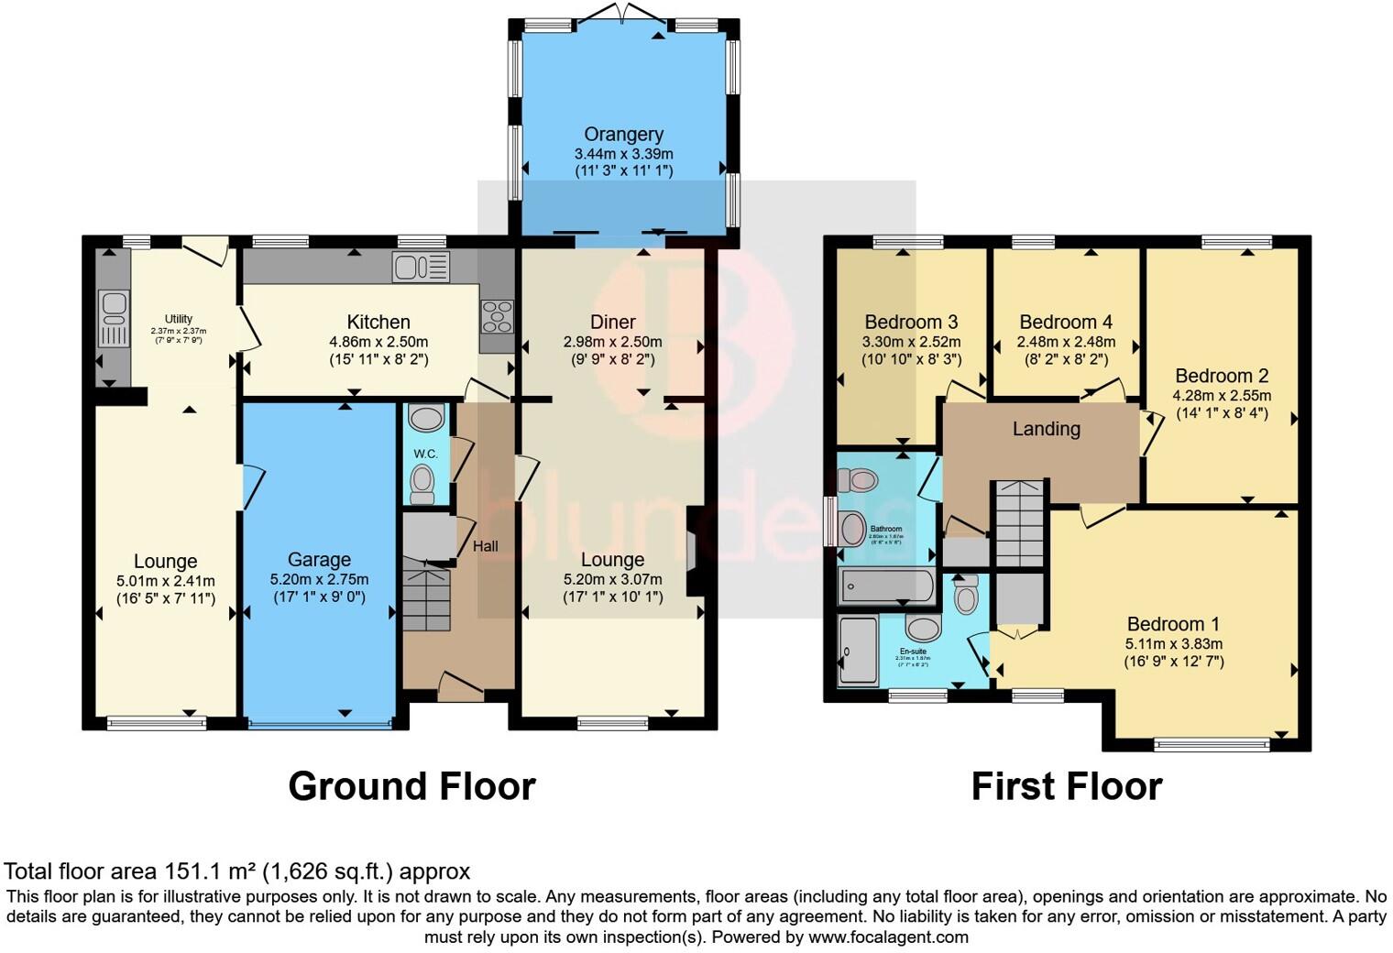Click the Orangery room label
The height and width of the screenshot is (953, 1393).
coord(623,135)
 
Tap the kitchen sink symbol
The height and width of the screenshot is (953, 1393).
coord(421,267)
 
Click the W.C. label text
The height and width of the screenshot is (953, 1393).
coord(425,454)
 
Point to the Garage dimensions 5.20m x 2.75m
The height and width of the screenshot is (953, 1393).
coord(319,579)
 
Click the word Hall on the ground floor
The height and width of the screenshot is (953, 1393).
coord(485,546)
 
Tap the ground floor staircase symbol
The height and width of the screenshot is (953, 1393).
coord(426,599)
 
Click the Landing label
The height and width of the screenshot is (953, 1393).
coord(1046,429)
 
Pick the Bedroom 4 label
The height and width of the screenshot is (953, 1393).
coord(1066,323)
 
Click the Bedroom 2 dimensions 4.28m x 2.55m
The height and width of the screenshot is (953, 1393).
coord(1222,396)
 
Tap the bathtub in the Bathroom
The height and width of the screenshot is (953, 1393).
coord(886,586)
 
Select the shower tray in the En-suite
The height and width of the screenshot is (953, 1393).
coord(858,650)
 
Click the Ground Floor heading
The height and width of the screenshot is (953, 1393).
coord(411,786)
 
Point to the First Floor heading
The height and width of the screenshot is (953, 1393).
coord(1067,786)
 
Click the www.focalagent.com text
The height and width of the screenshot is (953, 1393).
coord(888,937)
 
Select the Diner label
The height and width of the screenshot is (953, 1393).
coord(612,323)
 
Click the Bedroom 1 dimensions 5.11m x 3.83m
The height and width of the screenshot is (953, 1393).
coord(1173,643)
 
